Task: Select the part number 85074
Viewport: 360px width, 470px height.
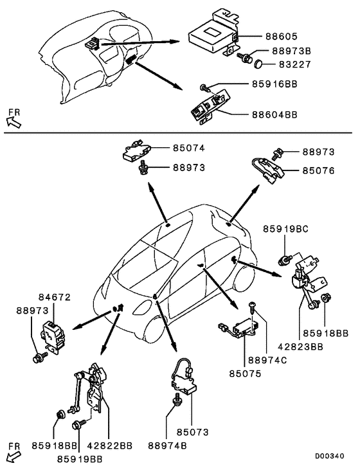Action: [188, 148]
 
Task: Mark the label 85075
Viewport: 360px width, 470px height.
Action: [248, 372]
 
